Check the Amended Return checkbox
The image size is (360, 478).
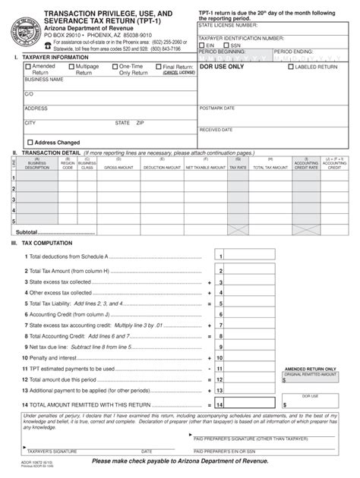(28, 67)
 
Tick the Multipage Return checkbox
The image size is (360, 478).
(71, 67)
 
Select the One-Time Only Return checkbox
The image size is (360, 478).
(115, 67)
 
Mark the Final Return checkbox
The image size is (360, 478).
(158, 67)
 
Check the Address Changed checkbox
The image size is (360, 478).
(30, 142)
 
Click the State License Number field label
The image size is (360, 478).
(223, 25)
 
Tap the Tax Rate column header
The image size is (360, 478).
(238, 167)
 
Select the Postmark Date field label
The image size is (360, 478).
(216, 108)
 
